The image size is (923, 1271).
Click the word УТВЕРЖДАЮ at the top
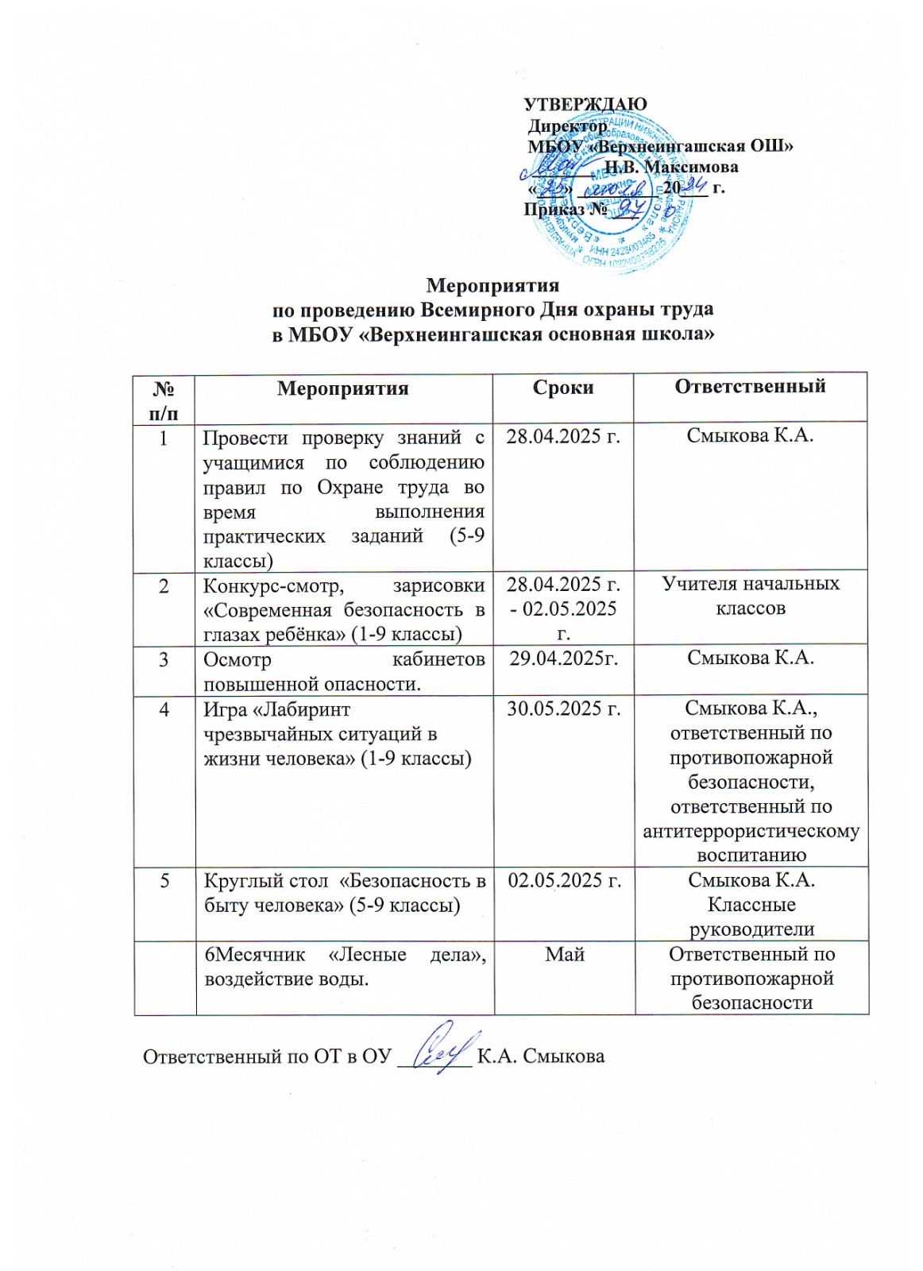585,105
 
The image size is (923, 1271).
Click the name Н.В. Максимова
671,167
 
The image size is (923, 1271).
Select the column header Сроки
563,388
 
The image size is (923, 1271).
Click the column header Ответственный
750,386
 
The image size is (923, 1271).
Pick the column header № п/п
164,400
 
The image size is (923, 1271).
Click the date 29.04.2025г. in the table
563,658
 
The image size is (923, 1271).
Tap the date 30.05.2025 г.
564,708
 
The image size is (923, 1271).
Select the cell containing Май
565,954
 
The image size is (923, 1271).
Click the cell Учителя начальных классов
751,596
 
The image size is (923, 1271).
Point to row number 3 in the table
164,659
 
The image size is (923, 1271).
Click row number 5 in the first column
164,880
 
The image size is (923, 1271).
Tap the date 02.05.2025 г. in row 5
564,880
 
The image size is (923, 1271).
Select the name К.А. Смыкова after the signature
540,1057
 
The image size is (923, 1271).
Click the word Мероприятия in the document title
492,285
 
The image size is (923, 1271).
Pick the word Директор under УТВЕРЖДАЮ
568,126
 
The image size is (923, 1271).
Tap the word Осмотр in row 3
238,659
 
